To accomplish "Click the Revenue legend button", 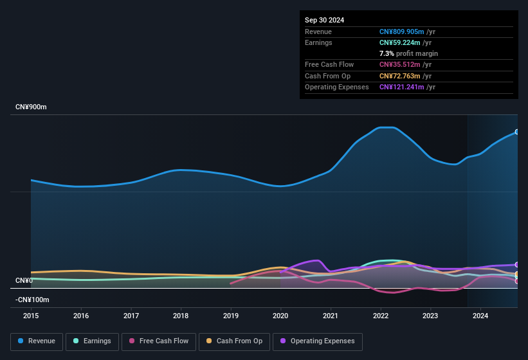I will [x=37, y=341].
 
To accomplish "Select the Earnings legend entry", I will [x=92, y=341].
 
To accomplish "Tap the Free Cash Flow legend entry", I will [x=159, y=341].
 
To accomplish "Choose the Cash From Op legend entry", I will [x=234, y=341].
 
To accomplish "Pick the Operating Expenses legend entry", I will [x=317, y=341].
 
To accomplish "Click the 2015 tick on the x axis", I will [x=31, y=316].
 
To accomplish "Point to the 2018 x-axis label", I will [x=181, y=316].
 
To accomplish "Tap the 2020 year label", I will [x=280, y=316].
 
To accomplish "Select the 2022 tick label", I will [x=381, y=316].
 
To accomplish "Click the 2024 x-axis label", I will [x=480, y=316].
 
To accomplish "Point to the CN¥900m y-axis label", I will [x=31, y=107].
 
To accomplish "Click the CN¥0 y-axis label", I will [x=24, y=281].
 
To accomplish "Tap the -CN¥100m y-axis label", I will [x=32, y=300].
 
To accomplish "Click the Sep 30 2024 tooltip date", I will [x=324, y=20].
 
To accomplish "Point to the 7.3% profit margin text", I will [x=408, y=53].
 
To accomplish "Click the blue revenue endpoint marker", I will [x=517, y=132].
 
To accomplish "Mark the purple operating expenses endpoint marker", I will [x=517, y=265].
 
